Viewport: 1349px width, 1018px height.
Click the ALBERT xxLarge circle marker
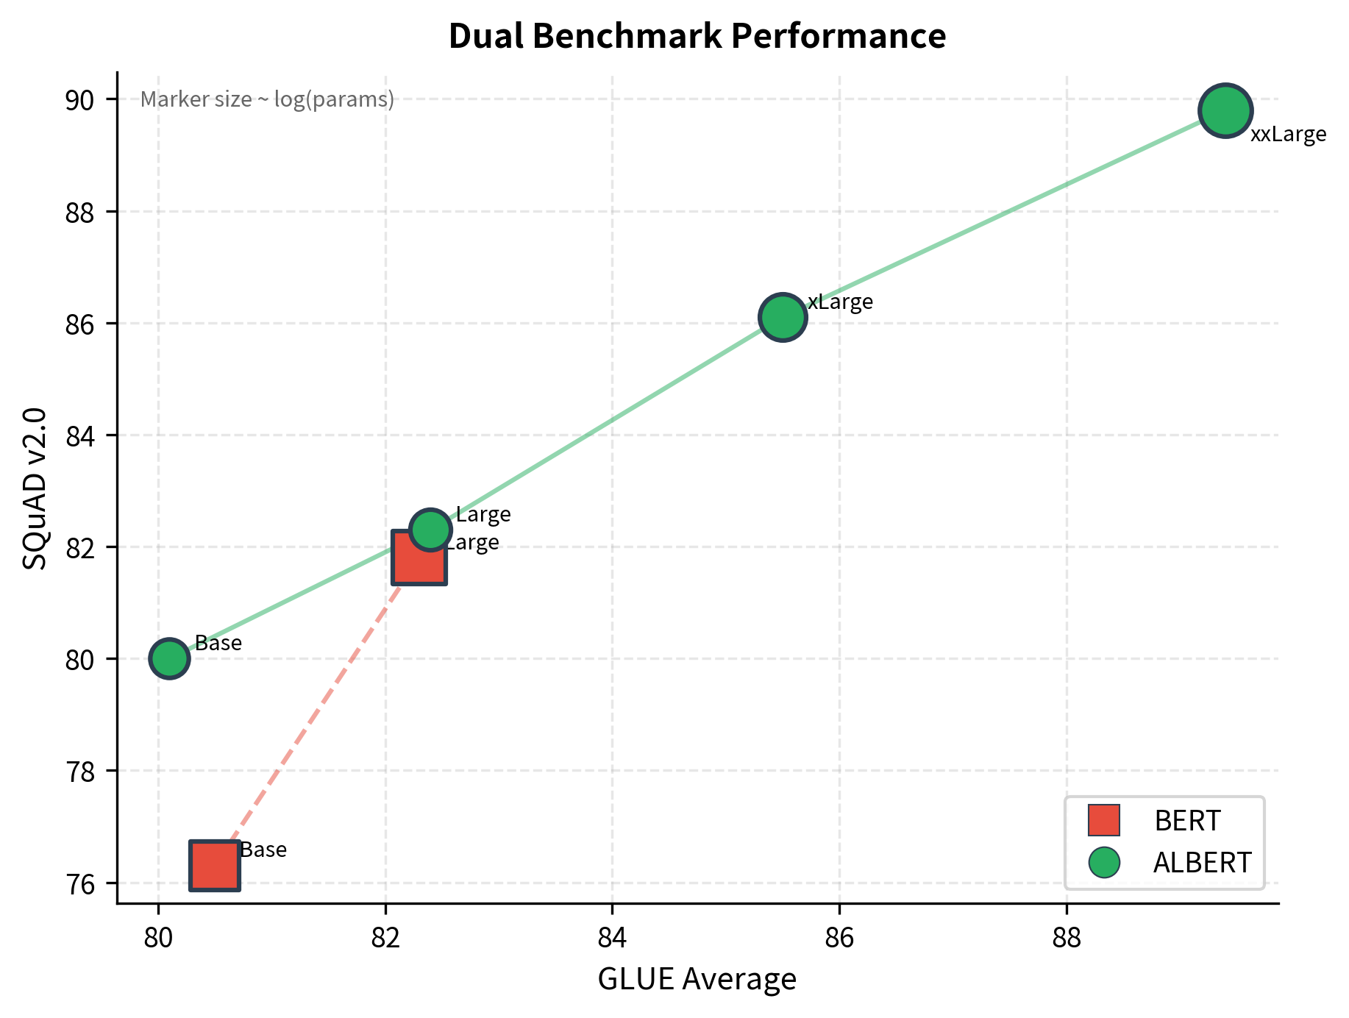click(x=1225, y=111)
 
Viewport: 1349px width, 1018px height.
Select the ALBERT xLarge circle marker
click(x=783, y=317)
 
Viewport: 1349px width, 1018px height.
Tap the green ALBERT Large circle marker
click(x=430, y=529)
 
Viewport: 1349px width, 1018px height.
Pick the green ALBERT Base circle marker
click(x=169, y=658)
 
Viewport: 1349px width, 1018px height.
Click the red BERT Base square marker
click(x=214, y=865)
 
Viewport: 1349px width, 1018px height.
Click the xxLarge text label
click(x=1288, y=135)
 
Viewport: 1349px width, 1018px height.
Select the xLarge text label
click(x=840, y=302)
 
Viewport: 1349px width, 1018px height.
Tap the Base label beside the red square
click(x=263, y=850)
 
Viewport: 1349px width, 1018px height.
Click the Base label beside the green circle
click(x=218, y=644)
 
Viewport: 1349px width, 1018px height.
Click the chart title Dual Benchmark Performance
click(x=697, y=36)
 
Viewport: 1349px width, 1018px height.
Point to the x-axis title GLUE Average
click(x=697, y=979)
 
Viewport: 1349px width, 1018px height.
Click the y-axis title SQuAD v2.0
click(x=35, y=488)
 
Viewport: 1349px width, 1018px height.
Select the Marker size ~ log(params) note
click(x=267, y=99)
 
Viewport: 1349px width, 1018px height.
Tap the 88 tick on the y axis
click(x=80, y=212)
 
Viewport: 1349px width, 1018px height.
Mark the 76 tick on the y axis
click(x=80, y=883)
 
